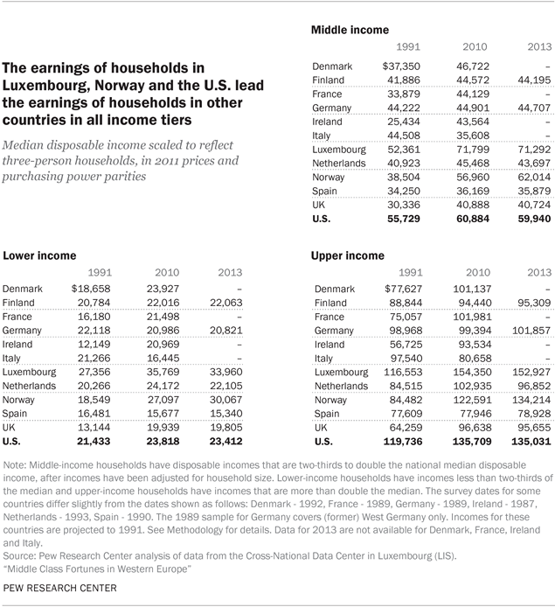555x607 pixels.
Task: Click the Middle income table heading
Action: tap(350, 30)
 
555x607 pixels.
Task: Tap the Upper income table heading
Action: tap(348, 255)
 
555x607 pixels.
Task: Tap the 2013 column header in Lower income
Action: tap(224, 273)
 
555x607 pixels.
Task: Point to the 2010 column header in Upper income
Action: tap(475, 273)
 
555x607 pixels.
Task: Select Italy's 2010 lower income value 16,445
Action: tap(166, 359)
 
